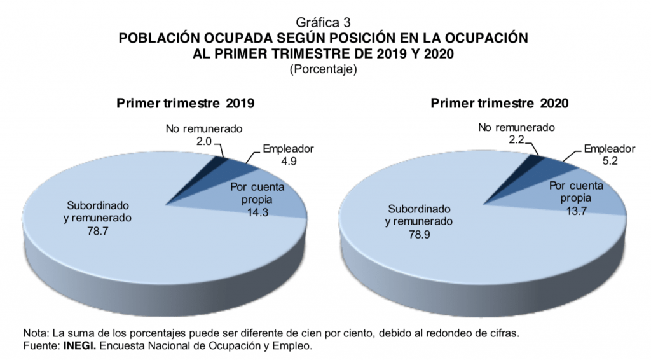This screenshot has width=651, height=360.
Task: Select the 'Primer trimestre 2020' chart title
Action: pos(500,104)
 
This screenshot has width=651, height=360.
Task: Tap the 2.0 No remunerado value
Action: pos(203,141)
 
